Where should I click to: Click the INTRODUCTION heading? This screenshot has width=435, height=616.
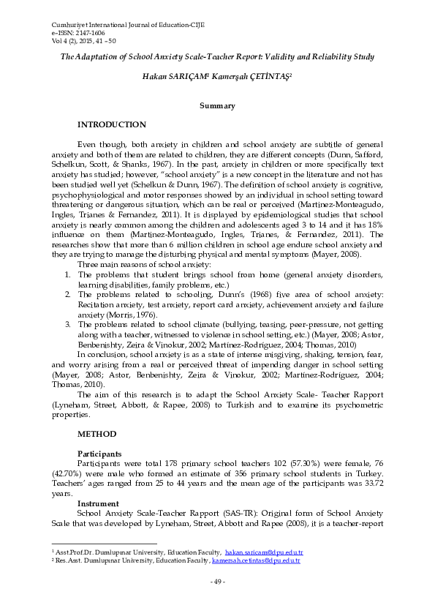click(111, 125)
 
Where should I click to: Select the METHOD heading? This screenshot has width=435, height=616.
click(97, 434)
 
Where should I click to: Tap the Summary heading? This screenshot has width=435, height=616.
click(217, 105)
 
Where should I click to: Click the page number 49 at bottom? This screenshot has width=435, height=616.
click(217, 582)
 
